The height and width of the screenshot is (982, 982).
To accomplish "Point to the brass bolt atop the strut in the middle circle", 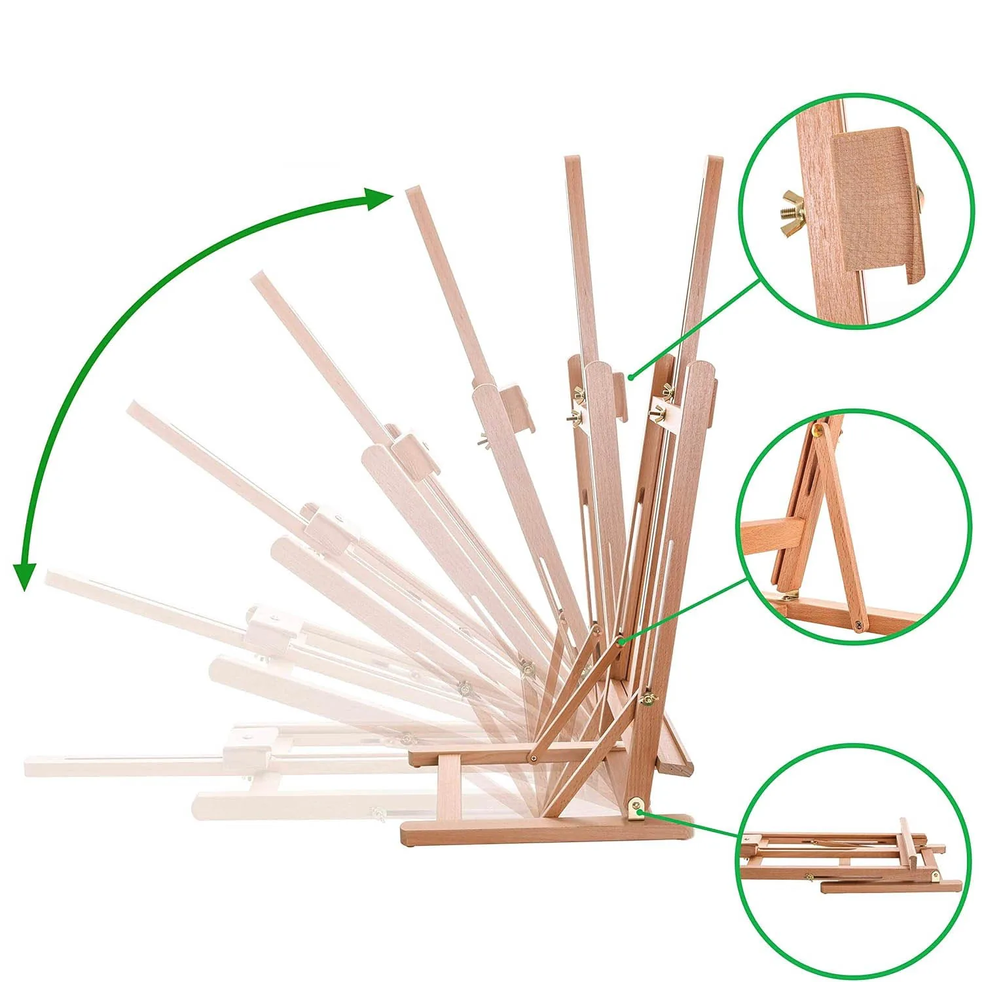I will (818, 429).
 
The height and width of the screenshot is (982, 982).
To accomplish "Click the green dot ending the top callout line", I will (630, 376).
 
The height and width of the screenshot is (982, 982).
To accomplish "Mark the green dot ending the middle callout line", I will (620, 642).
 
